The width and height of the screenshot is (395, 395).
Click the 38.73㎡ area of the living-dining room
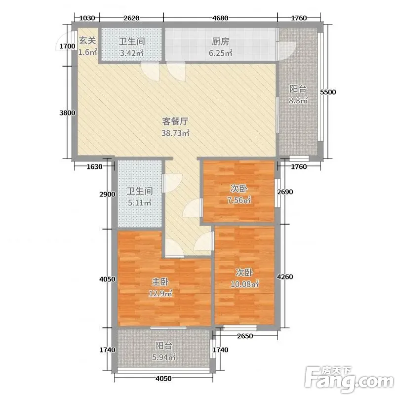(x=175, y=133)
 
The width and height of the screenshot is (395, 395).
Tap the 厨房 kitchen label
(x=220, y=41)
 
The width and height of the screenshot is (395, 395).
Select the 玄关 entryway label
(x=87, y=40)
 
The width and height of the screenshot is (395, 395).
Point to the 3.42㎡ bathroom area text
(x=131, y=53)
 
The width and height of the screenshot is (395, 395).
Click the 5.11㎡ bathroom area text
(x=139, y=202)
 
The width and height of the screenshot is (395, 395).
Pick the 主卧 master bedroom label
(x=160, y=282)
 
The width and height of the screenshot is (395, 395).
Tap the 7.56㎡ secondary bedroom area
(x=239, y=200)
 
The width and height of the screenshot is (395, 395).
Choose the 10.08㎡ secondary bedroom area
(x=244, y=284)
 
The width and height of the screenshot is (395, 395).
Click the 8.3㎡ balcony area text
(x=298, y=101)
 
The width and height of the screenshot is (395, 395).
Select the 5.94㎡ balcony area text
(x=163, y=357)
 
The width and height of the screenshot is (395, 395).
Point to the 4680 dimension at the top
(x=220, y=18)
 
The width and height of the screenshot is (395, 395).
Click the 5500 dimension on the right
(x=328, y=92)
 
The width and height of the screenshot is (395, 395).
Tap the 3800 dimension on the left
(x=67, y=113)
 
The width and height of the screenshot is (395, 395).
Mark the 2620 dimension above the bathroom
(x=131, y=18)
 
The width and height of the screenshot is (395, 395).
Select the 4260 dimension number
(x=285, y=277)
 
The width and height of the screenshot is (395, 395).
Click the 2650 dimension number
(x=245, y=336)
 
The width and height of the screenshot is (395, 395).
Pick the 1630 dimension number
(x=94, y=167)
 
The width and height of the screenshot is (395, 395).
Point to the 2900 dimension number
(x=107, y=195)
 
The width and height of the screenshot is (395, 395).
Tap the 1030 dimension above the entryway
(x=87, y=18)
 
